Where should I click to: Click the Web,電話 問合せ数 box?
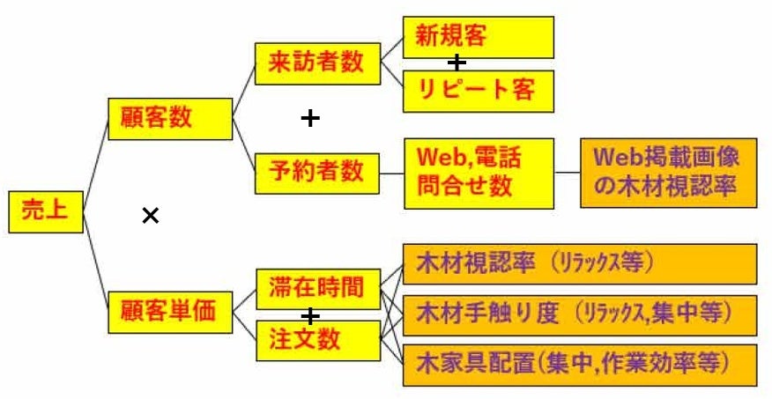(478, 172)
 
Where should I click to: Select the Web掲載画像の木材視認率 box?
(667, 172)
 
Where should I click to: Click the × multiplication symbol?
(151, 215)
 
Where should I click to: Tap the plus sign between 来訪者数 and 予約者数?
(309, 118)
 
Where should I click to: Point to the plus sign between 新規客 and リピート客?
(456, 63)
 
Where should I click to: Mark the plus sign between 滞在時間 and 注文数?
(309, 314)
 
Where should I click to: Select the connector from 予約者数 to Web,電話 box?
(391, 172)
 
